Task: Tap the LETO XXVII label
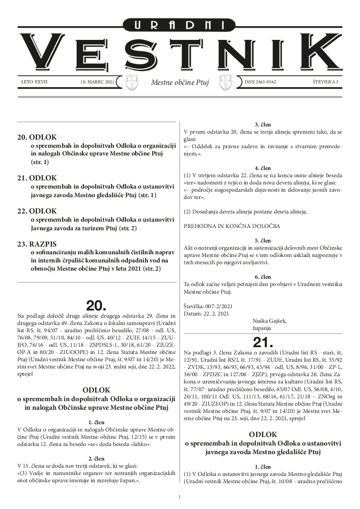point(34,82)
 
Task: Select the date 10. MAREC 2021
point(96,82)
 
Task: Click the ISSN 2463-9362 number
point(260,82)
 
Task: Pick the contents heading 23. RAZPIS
point(37,244)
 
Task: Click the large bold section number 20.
point(96,305)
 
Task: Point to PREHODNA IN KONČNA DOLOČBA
point(232,225)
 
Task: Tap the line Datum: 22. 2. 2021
point(206,314)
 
